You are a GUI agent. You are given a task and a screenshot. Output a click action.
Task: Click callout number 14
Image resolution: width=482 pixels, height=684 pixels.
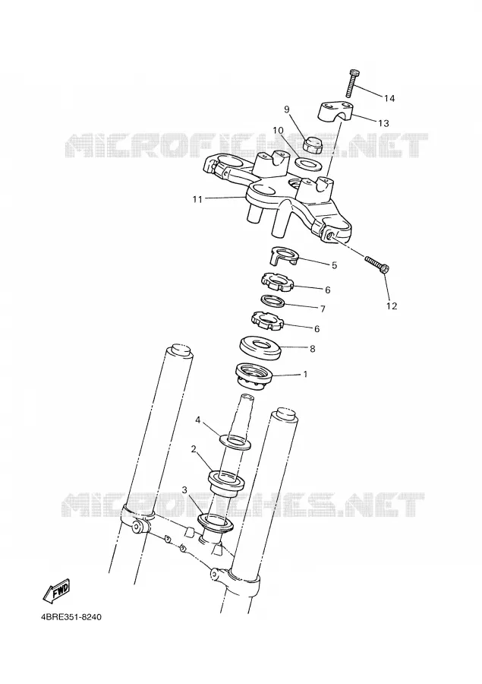tap(389, 98)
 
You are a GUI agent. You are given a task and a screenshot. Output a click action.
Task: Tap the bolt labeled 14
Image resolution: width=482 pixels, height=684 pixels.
tap(351, 83)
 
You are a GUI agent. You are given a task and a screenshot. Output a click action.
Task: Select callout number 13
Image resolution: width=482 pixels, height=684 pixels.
tap(383, 123)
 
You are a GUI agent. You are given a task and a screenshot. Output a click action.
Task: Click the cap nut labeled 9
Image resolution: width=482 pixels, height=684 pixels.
tap(313, 145)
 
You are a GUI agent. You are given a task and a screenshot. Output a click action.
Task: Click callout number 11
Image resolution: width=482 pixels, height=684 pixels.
tap(197, 199)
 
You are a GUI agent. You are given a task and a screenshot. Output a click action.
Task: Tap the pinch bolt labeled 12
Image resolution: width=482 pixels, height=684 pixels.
tap(378, 265)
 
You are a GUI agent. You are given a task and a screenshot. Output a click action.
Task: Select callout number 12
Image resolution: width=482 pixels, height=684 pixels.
tap(392, 306)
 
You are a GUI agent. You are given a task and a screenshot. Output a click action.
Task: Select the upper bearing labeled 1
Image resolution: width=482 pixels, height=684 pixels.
tap(254, 374)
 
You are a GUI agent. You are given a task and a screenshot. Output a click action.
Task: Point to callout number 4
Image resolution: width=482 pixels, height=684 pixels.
tap(197, 420)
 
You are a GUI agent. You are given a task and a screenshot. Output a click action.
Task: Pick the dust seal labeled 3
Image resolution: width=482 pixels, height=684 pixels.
tap(216, 523)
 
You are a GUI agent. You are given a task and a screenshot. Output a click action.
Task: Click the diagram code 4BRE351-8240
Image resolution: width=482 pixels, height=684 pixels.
tap(71, 618)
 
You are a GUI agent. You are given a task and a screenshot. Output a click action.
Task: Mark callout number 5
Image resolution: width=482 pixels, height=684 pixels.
tap(334, 265)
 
